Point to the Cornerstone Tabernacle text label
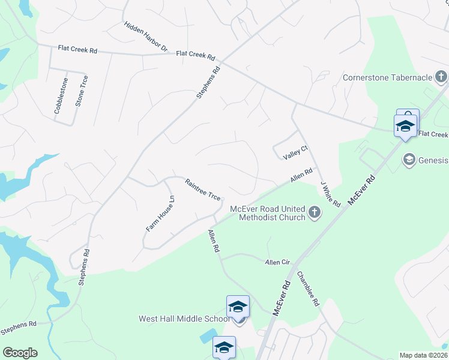[387, 77]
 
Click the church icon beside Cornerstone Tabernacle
[441, 77]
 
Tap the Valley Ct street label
[296, 154]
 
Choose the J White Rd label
[330, 194]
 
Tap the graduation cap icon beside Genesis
[409, 160]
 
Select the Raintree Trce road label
[202, 189]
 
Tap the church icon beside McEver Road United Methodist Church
[314, 212]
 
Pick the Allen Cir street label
[277, 262]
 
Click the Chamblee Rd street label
[308, 289]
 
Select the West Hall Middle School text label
[184, 319]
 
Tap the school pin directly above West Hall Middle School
[238, 307]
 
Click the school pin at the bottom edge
[224, 348]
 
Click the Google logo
[20, 353]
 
